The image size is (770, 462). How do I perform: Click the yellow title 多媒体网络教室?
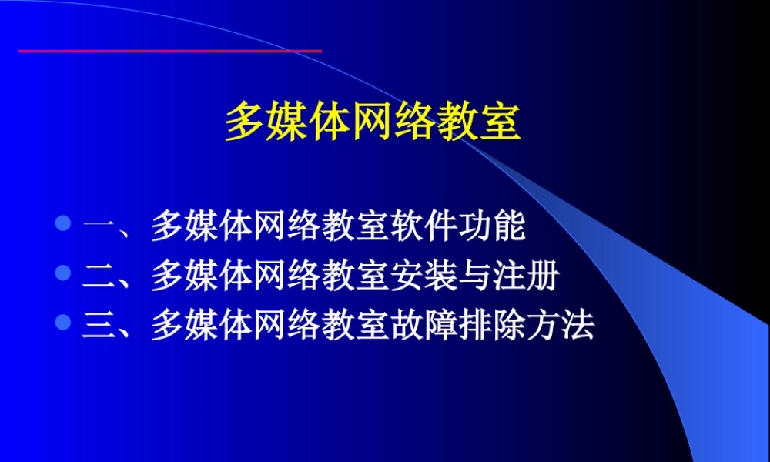coord(373,123)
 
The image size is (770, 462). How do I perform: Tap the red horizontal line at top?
coord(169,51)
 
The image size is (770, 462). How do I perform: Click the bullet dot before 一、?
coord(63,226)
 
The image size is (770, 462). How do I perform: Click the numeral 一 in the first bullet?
coord(99,227)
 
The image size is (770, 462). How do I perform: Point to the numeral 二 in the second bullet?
coord(99,276)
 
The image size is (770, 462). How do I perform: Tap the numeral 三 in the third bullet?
coord(99,324)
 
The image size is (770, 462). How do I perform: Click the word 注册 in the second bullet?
coord(525,275)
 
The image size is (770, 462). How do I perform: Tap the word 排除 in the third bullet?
coord(491,324)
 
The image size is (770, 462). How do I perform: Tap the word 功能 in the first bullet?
coord(493,226)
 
